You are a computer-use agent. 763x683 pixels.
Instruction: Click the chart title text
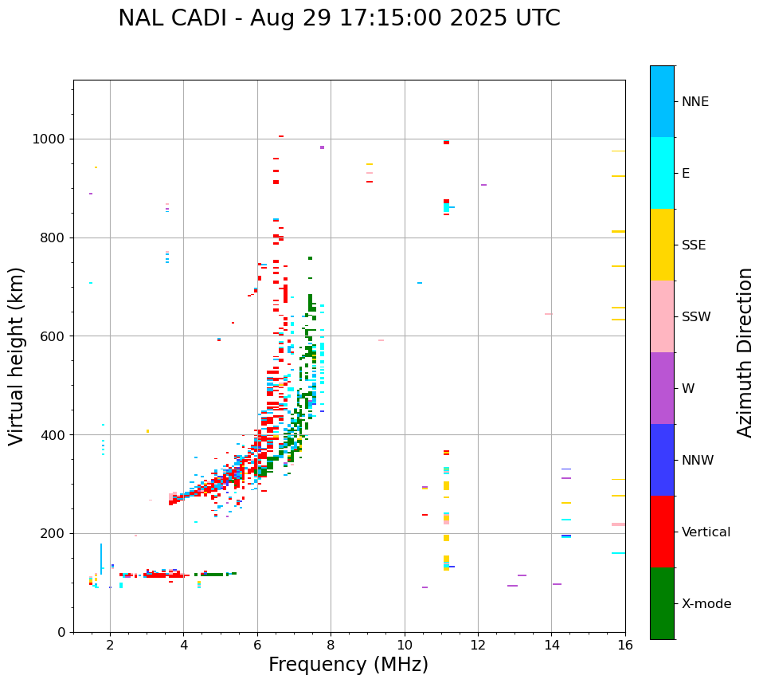coord(338,18)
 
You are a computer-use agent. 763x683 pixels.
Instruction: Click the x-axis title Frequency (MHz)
coord(348,665)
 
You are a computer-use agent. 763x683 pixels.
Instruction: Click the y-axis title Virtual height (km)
coord(17,355)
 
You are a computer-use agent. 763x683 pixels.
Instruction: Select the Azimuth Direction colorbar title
coord(745,352)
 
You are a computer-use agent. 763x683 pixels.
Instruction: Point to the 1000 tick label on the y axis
coord(48,139)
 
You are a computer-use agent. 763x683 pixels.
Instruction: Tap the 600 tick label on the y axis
coord(52,336)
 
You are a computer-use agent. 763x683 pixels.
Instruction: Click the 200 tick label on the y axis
coord(52,534)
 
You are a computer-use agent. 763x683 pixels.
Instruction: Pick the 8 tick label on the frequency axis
coord(331,644)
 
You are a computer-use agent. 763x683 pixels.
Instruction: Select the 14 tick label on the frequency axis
coord(552,644)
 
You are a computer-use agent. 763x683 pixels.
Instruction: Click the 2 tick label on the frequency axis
coord(110,644)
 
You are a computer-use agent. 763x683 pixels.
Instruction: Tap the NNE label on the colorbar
coord(695,102)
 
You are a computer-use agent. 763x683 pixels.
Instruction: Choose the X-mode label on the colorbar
coord(706,604)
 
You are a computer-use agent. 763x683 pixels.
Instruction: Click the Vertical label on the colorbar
coord(706,532)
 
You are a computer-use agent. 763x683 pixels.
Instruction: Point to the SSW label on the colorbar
coord(696,317)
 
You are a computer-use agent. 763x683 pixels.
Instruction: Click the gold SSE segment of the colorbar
coord(662,245)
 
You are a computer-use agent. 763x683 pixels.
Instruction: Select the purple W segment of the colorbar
coord(662,388)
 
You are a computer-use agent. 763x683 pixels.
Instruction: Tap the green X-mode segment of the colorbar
coord(662,603)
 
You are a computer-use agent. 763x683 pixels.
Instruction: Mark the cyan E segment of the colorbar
coord(662,173)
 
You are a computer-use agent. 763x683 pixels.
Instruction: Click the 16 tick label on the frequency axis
coord(625,644)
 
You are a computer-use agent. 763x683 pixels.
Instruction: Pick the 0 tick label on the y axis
coord(61,632)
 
